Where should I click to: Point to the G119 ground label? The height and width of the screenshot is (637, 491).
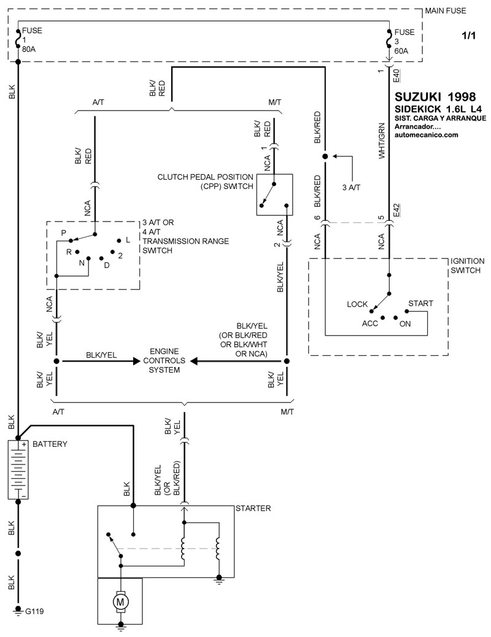coord(34,612)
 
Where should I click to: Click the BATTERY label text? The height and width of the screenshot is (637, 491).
coord(50,444)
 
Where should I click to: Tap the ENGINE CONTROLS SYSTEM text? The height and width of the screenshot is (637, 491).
coord(164,360)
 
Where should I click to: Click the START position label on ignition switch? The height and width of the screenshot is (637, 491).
coord(420,304)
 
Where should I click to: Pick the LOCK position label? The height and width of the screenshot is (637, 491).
coord(357,304)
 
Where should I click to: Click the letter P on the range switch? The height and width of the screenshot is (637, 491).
coord(63,233)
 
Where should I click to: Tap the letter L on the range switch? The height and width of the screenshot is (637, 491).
coord(128,239)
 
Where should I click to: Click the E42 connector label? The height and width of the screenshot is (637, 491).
coord(396,209)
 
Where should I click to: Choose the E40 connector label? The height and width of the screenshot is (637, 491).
coord(396,76)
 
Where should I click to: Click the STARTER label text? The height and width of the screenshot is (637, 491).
coord(253,508)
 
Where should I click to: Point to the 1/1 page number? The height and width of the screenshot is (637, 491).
coord(468,36)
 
